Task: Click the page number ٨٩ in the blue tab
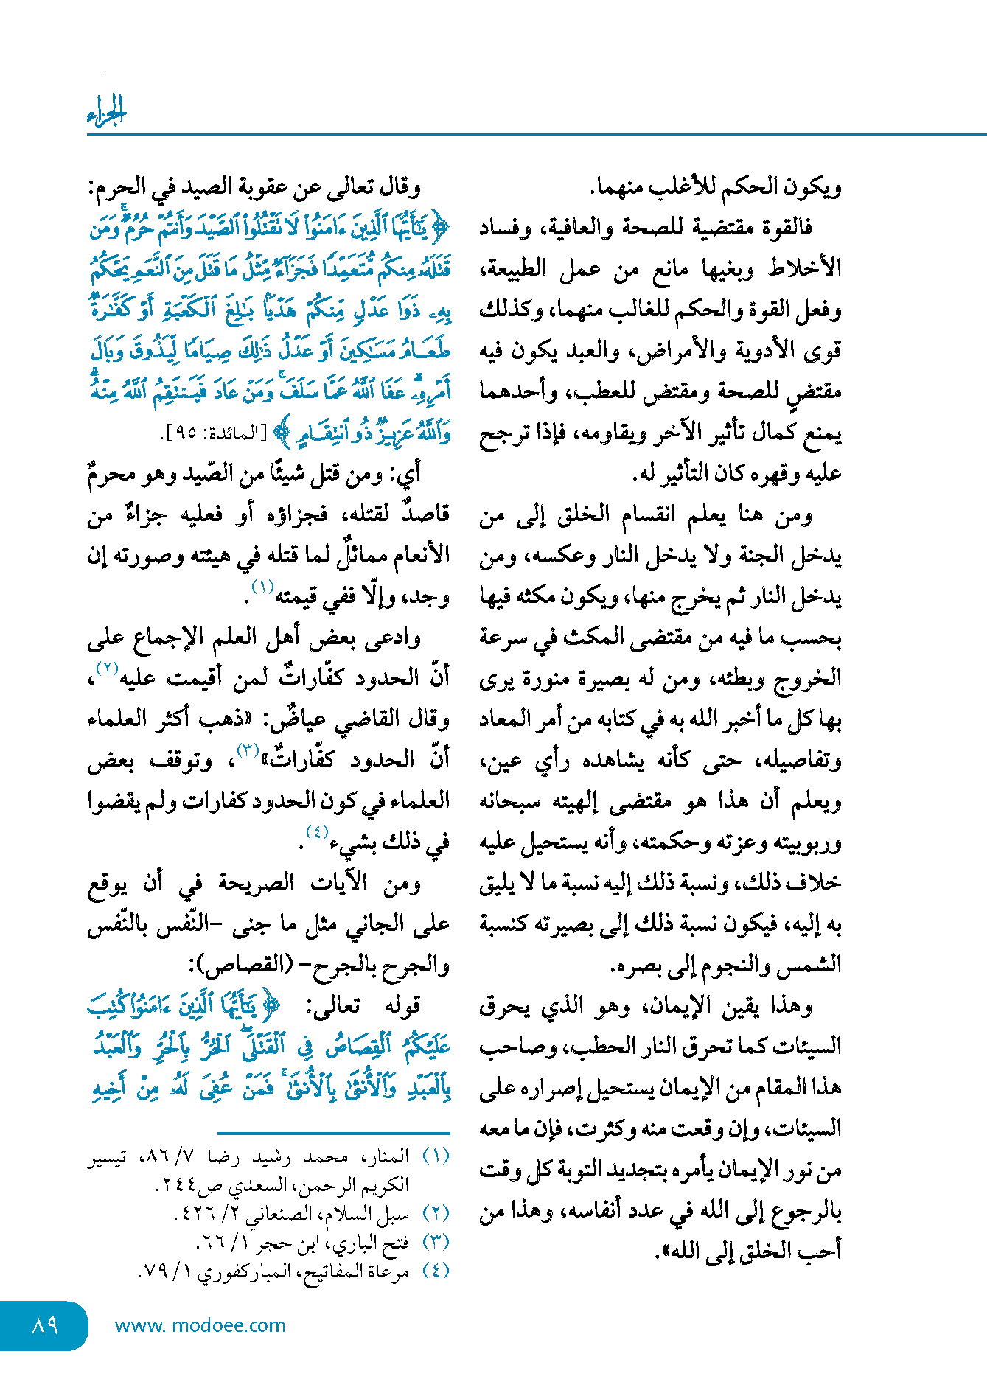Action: click(x=45, y=1325)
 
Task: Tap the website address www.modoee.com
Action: click(x=200, y=1325)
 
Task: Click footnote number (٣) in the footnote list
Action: click(x=436, y=1243)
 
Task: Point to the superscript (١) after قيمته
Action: click(x=262, y=587)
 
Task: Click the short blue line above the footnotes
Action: click(x=333, y=1133)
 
